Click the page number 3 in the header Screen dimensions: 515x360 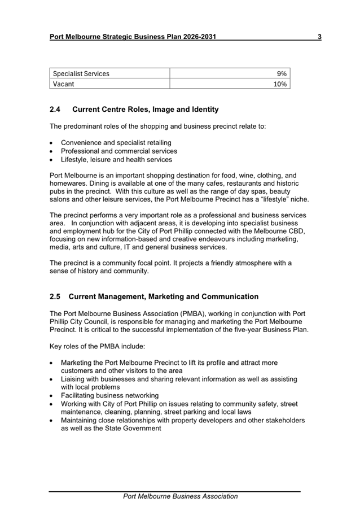[319, 37]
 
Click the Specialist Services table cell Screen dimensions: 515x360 [81, 73]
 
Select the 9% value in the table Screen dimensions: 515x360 [282, 73]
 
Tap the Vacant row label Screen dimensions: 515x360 [64, 84]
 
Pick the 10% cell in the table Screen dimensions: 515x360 [280, 84]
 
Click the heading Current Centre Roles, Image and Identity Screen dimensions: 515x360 [146, 110]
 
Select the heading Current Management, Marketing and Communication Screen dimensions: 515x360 [163, 296]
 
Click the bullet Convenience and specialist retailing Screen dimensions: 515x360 [116, 143]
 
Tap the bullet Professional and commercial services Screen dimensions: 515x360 [119, 151]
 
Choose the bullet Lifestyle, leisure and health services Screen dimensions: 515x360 [117, 160]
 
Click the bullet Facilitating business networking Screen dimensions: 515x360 [110, 396]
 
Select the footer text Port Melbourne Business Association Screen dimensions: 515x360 [180, 496]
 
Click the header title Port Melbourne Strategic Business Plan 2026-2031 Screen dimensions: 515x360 [133, 37]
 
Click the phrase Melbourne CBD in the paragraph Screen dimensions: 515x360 [281, 232]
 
